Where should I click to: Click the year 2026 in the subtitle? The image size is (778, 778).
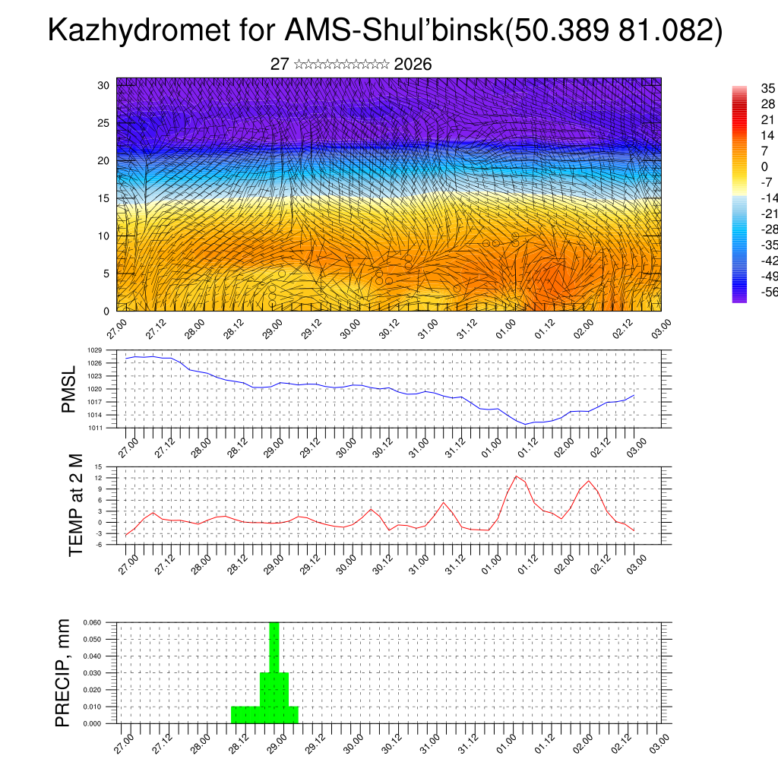click(x=413, y=65)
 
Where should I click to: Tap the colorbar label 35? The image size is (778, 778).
click(x=768, y=89)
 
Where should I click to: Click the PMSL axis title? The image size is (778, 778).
click(x=69, y=390)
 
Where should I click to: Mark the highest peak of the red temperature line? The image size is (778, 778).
click(x=516, y=476)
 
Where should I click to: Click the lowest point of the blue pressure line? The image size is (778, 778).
click(x=526, y=424)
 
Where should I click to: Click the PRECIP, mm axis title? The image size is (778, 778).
click(x=63, y=672)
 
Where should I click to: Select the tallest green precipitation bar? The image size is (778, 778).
click(x=274, y=669)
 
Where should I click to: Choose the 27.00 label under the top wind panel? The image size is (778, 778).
click(x=115, y=327)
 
